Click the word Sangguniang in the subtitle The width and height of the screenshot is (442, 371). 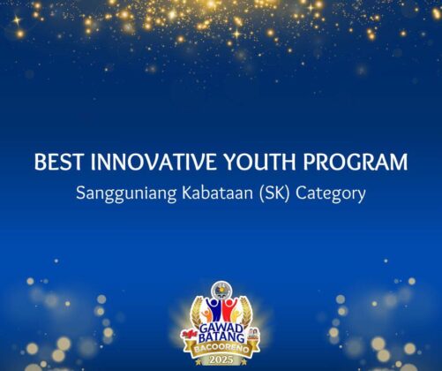(126, 194)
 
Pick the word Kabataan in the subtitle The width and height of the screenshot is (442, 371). (217, 193)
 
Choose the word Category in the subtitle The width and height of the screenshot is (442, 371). (331, 194)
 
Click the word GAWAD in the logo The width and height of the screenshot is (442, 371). (221, 329)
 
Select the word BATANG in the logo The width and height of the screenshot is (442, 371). (221, 337)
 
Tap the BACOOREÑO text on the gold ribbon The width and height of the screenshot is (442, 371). (221, 348)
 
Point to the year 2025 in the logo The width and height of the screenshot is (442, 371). (221, 360)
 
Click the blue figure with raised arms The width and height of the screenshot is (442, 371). (215, 310)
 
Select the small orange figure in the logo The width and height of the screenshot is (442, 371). (207, 315)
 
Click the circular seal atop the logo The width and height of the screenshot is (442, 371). (221, 290)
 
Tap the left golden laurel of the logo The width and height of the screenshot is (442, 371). (196, 312)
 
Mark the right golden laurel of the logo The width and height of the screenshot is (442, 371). (246, 312)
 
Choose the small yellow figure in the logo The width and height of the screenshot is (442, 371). (236, 316)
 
